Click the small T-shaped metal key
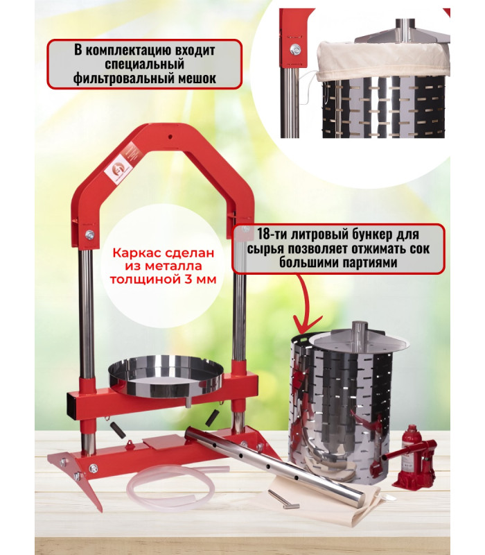click(x=283, y=499)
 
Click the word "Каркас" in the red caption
click(x=132, y=253)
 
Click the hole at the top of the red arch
click(x=170, y=136)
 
